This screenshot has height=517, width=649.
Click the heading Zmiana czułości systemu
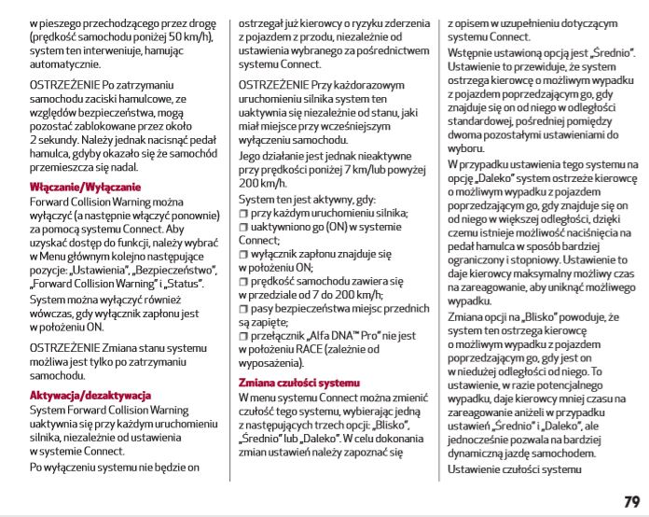tap(298, 384)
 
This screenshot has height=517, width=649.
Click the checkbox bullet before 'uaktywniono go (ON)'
tap(242, 227)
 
